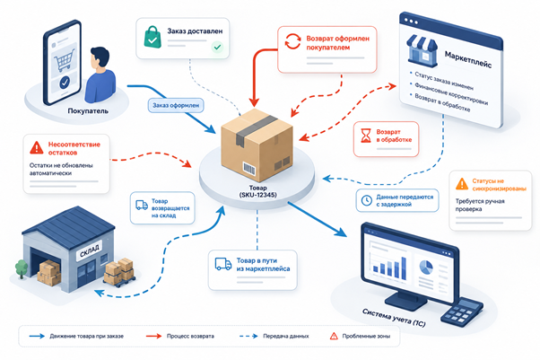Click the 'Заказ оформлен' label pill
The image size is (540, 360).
[x=176, y=106]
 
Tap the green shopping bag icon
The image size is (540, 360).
[x=152, y=37]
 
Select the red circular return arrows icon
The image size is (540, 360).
[x=292, y=41]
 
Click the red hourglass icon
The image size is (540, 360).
[x=365, y=136]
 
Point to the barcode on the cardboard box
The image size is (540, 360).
[x=249, y=168]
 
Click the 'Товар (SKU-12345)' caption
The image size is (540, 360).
[x=258, y=191]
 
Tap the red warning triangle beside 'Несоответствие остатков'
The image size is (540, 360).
[x=37, y=147]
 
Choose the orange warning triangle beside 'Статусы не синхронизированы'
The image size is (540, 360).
[x=462, y=184]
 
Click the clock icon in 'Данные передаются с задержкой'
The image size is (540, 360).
[x=366, y=200]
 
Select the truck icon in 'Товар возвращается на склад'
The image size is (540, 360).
[x=142, y=206]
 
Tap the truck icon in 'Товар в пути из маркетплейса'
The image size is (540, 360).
[x=223, y=264]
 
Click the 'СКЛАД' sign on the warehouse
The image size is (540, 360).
[x=90, y=250]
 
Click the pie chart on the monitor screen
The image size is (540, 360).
[x=426, y=267]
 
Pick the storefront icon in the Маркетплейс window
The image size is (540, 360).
[x=422, y=50]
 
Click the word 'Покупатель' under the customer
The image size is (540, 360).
[x=88, y=111]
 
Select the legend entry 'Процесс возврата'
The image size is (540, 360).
[x=190, y=336]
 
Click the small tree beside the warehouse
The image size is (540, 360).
[x=22, y=268]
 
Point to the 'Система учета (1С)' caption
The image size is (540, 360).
[x=394, y=318]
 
